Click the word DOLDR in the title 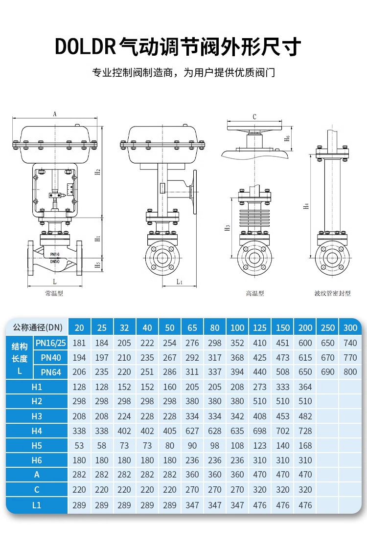click(85, 46)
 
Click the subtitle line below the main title click(183, 73)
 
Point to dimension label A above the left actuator click(55, 114)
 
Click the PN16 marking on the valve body click(54, 254)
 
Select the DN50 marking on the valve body click(54, 261)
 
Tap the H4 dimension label click(306, 205)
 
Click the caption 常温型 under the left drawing click(54, 293)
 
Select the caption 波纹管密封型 click(332, 293)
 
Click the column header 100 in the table click(237, 328)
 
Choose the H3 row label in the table click(37, 416)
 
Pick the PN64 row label click(51, 372)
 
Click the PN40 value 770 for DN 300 click(350, 358)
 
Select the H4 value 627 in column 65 click(192, 431)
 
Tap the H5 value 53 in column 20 click(79, 446)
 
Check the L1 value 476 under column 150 click(282, 505)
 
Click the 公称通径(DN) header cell click(37, 327)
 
